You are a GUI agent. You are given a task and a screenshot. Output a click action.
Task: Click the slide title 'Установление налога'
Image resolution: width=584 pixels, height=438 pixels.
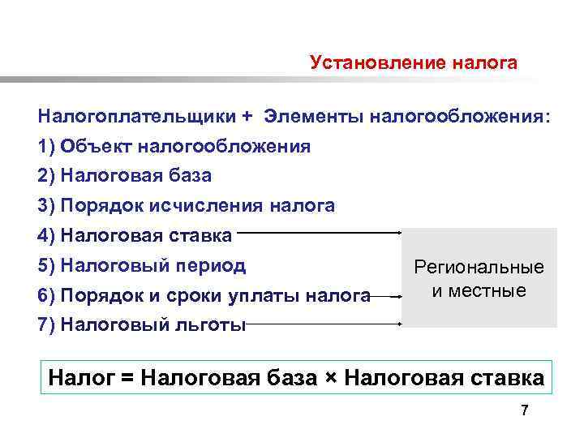coord(413,63)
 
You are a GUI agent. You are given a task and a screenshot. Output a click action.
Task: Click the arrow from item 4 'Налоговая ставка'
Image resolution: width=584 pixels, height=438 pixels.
coord(320,233)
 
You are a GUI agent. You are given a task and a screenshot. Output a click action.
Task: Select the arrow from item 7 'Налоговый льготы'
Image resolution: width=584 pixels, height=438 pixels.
coord(324,324)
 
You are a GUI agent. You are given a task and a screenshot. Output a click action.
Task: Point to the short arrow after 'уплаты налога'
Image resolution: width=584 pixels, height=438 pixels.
coord(390,296)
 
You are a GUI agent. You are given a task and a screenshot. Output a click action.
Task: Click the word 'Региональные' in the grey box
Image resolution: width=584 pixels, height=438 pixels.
coord(479,268)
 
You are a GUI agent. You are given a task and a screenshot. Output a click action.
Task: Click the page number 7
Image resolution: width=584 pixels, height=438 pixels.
coord(525,410)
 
